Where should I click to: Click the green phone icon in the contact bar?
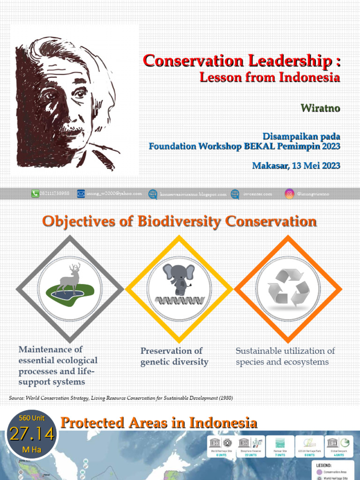[35, 194]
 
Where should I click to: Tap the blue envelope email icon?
[81, 194]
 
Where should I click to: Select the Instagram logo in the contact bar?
[289, 194]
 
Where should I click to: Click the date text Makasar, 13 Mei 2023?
[296, 165]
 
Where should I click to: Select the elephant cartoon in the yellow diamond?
[178, 277]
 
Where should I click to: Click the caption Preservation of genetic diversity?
[174, 356]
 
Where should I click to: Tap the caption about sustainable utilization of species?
[285, 356]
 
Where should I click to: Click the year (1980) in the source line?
[225, 398]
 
